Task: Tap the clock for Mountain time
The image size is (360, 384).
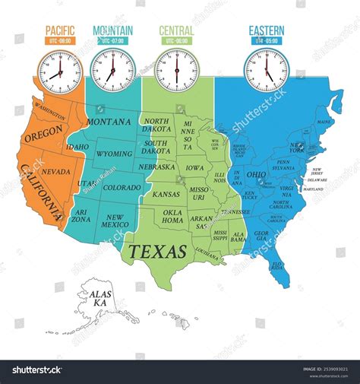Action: (113, 70)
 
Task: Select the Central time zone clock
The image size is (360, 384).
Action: (176, 70)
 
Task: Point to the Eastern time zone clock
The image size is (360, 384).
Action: (266, 70)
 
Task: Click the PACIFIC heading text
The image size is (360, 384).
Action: (55, 30)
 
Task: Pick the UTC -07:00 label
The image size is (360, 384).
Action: (113, 40)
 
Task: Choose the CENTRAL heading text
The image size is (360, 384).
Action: (176, 30)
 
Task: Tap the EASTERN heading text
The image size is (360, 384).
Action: (266, 30)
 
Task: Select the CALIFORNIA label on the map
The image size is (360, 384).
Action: (43, 195)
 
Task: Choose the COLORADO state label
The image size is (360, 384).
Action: (122, 186)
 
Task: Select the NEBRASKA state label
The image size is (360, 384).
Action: (157, 167)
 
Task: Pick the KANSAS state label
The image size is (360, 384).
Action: (166, 195)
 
